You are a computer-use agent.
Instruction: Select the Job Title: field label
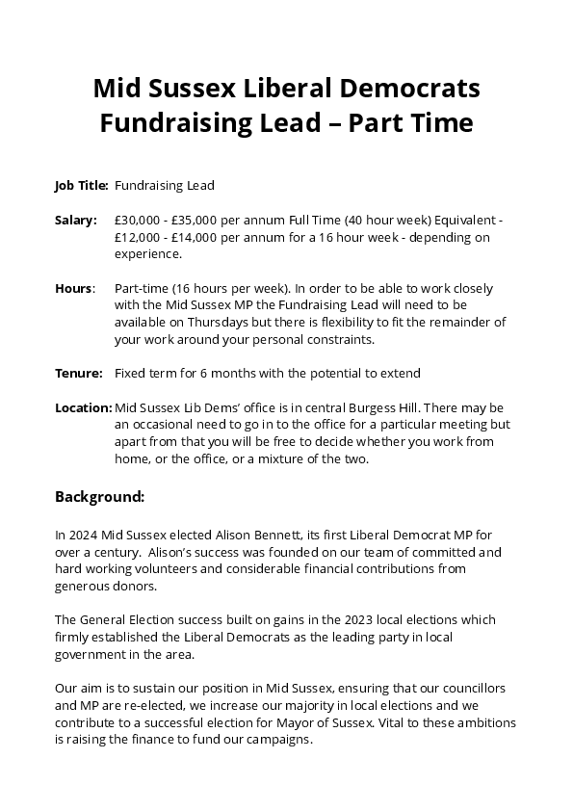coord(81,185)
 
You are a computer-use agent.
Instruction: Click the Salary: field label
coord(76,220)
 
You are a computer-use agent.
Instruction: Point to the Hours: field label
coord(75,288)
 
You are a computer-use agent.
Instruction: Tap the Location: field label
coord(83,407)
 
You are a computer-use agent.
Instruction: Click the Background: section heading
coord(99,497)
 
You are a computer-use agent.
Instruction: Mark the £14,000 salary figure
coord(198,237)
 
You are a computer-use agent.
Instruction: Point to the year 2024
coord(83,535)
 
